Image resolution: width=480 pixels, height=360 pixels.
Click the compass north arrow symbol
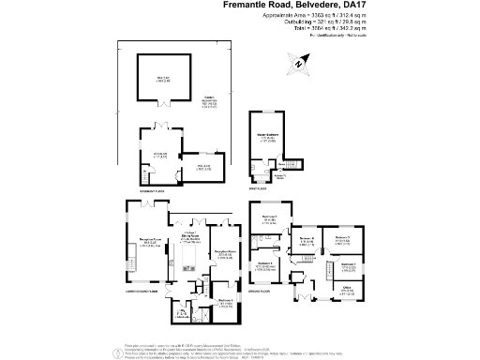(300, 63)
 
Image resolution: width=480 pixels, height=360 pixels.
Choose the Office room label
(347, 290)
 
